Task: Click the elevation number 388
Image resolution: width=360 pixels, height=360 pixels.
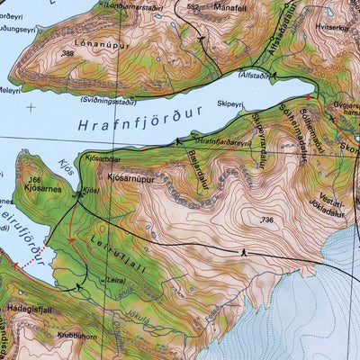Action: coord(67,54)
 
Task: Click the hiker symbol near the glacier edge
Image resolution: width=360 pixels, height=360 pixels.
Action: coord(243,253)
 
